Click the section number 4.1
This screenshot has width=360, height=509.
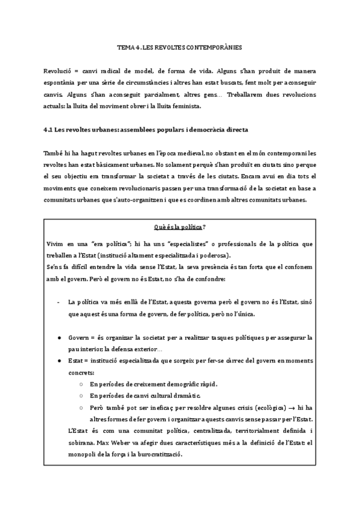(49, 130)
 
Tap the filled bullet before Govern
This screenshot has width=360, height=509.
(58, 337)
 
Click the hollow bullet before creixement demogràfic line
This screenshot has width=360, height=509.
(81, 384)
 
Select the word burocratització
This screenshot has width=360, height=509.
(155, 454)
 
